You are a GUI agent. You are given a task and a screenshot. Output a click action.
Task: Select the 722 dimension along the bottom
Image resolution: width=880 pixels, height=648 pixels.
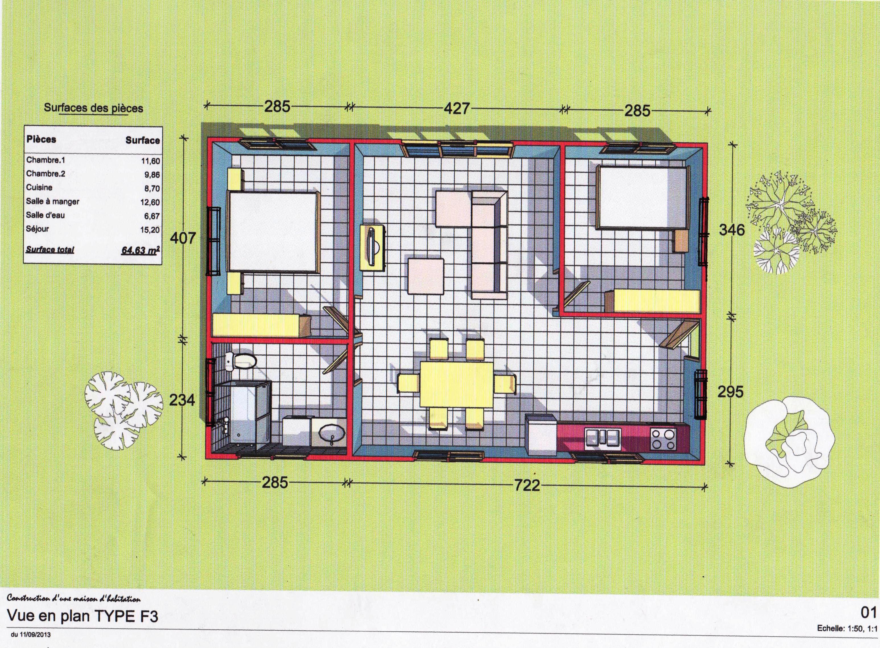527,485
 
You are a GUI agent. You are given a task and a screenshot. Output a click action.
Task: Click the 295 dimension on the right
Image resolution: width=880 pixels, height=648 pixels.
731,391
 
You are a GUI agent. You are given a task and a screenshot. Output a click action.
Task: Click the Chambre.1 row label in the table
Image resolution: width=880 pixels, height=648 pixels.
46,160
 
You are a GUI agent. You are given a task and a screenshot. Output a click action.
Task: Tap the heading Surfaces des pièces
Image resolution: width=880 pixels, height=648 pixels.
93,108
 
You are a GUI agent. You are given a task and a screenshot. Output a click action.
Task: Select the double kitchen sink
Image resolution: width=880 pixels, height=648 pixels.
603,439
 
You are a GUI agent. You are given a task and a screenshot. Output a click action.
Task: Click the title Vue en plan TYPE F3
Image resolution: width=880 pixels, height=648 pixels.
83,616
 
